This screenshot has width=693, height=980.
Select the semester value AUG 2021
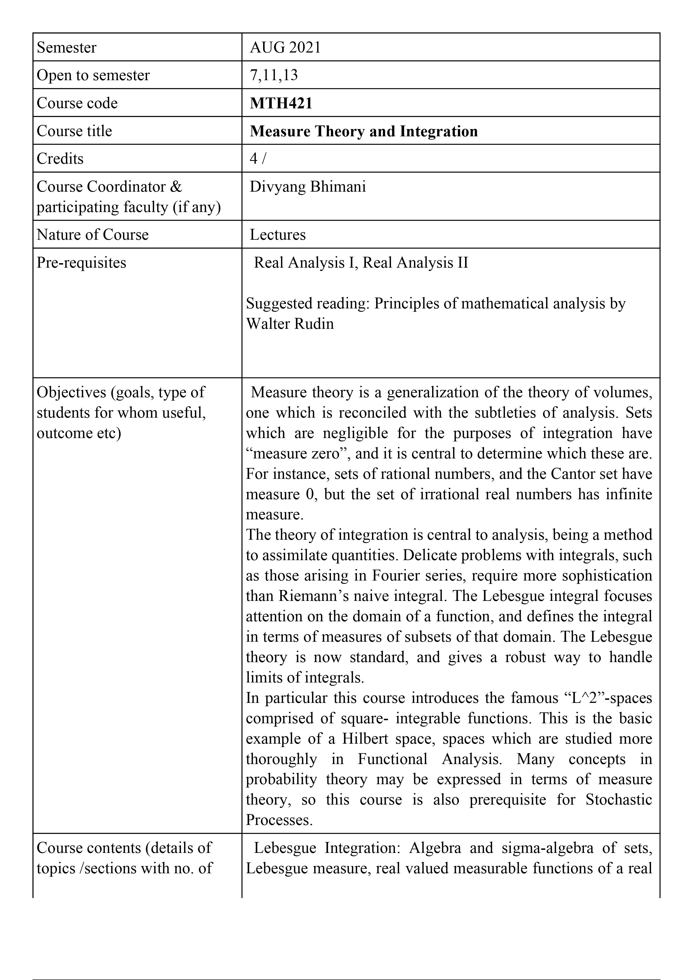click(285, 47)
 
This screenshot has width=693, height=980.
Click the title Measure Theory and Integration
click(364, 131)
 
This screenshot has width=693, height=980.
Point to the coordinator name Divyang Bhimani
click(307, 187)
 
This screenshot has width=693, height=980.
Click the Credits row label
click(60, 159)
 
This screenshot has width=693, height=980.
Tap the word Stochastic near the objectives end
click(618, 800)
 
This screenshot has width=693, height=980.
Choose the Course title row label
click(74, 131)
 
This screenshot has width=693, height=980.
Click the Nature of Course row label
click(93, 235)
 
